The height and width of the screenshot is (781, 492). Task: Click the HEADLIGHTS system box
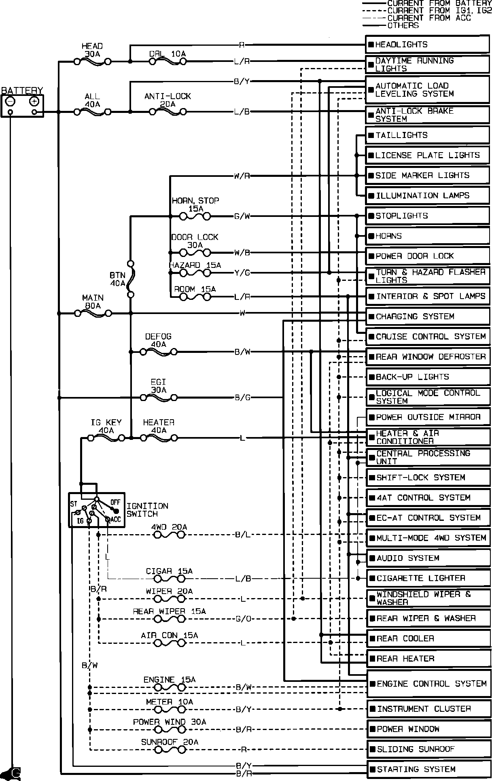pos(427,45)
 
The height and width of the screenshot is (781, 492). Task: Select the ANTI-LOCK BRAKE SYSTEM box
pos(427,115)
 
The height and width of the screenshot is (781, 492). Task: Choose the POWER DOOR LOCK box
pos(427,256)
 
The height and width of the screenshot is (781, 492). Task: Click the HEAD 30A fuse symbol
pos(93,62)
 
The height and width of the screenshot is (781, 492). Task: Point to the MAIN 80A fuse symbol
pos(93,313)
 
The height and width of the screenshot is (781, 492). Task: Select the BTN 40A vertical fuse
pos(131,279)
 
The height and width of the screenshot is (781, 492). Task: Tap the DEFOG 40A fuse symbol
pos(158,352)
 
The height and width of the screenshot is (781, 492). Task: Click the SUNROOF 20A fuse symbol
pos(170,749)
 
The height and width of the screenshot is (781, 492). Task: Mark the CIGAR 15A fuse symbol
pos(170,579)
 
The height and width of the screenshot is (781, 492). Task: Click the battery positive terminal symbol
pos(34,101)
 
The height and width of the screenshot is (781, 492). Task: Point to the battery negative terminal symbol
pos(11,101)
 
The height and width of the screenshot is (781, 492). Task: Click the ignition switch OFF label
pos(115,502)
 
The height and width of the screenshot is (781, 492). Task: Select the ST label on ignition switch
pos(74,504)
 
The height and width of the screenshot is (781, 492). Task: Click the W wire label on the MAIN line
pos(242,313)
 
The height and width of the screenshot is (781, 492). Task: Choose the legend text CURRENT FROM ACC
pos(429,18)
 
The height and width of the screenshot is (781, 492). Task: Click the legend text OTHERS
pos(403,25)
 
